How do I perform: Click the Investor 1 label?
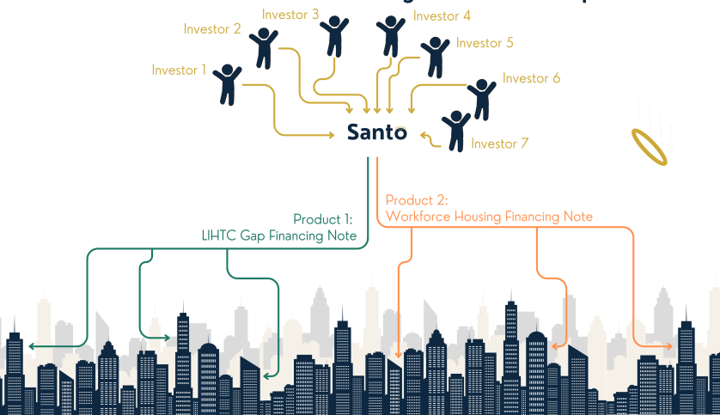pos(179,70)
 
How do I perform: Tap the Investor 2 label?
pos(212,28)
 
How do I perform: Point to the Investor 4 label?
pos(442,15)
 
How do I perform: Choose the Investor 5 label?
pos(485,42)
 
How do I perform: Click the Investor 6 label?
pos(531,78)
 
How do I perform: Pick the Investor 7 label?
pos(499,143)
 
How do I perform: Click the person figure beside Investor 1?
pos(228,84)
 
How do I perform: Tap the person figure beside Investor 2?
pos(265,46)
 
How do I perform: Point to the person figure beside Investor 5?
pos(435,57)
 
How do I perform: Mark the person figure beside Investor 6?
pos(481,99)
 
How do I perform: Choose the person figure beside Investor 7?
pos(455,130)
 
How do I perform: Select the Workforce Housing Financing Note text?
pos(489,217)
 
